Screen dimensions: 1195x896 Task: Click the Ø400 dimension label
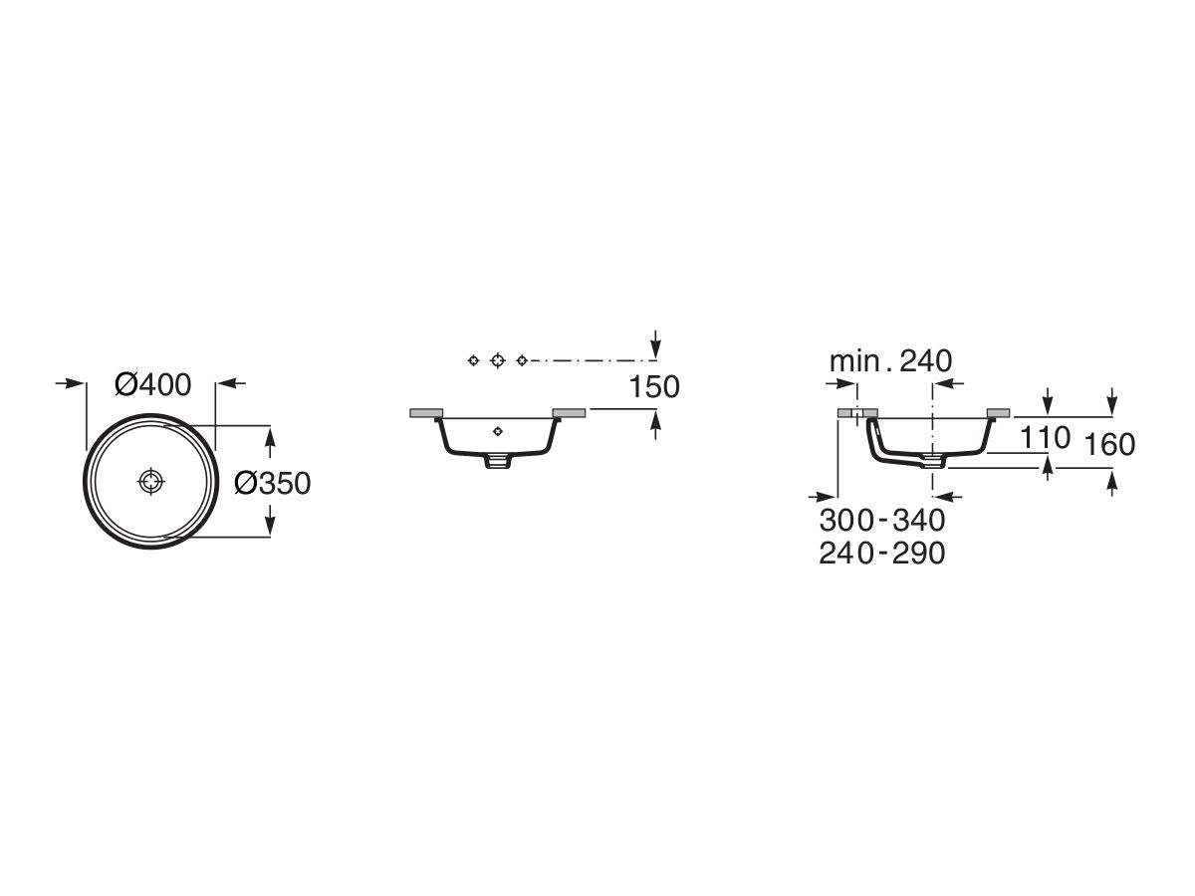pos(153,384)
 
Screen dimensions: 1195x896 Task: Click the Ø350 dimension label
pos(273,483)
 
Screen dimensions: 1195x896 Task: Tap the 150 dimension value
pos(654,387)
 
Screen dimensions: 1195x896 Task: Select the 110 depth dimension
pos(1045,437)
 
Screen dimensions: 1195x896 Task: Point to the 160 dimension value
pos(1109,444)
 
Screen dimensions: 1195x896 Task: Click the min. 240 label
pos(890,360)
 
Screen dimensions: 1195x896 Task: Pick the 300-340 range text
pos(882,520)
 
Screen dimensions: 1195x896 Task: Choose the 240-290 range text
pos(882,554)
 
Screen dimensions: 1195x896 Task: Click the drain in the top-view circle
pos(150,481)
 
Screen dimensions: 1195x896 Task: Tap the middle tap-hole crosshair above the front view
pos(498,360)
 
